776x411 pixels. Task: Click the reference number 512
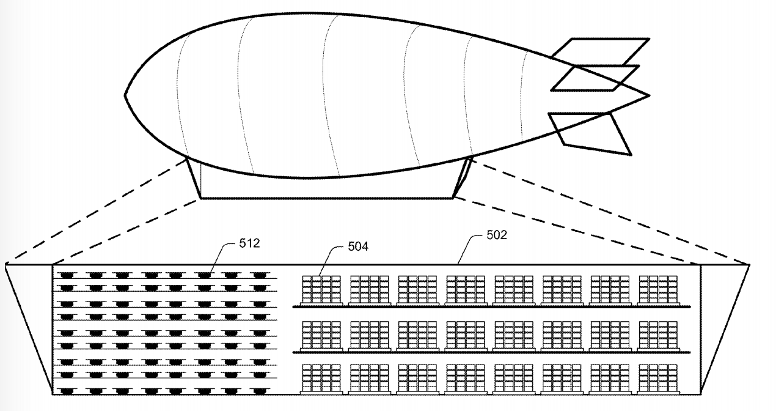pos(249,243)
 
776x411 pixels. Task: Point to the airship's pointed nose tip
pos(125,95)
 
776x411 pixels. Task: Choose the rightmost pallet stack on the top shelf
pos(657,289)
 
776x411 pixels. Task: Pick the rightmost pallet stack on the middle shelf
pos(657,335)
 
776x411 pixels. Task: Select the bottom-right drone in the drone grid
pos(260,389)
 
